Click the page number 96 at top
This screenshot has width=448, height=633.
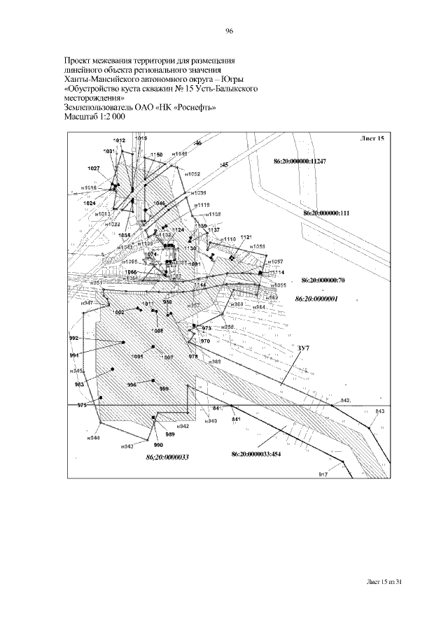point(229,31)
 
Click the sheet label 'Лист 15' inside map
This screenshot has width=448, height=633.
point(374,138)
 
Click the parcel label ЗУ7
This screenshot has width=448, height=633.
point(303,348)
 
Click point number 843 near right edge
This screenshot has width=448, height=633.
point(380,411)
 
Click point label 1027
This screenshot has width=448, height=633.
point(94,169)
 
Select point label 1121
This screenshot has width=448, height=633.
point(245,238)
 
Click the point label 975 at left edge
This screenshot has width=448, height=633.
point(82,405)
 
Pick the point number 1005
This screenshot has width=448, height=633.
point(137,357)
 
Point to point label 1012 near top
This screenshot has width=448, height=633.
point(119,141)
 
